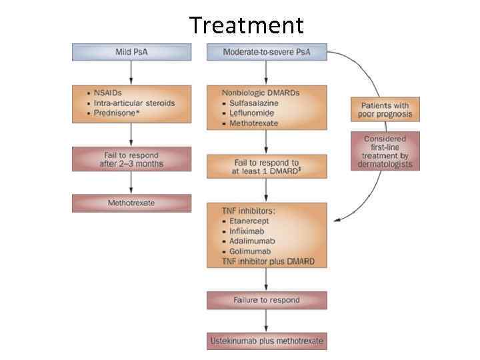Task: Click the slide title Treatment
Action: tap(246, 25)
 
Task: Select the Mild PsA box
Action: tap(131, 52)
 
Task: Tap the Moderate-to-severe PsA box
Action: tap(267, 52)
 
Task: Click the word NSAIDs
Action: tap(109, 92)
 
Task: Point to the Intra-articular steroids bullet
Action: tap(134, 103)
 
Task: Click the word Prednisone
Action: tap(114, 113)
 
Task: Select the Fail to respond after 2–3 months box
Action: tap(131, 159)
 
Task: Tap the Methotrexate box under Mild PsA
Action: tap(131, 203)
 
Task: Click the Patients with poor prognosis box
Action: tap(385, 109)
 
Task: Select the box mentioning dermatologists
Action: tap(385, 151)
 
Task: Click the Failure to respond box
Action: tap(267, 300)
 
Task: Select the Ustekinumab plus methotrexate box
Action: tap(267, 341)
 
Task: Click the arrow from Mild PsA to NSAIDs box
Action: tap(131, 71)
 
